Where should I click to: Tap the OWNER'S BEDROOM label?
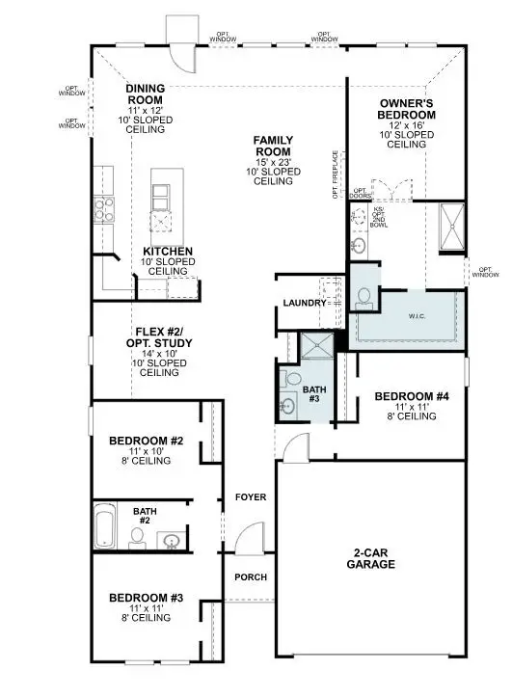(408, 109)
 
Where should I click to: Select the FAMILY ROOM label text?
(273, 147)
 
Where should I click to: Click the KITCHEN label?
(168, 252)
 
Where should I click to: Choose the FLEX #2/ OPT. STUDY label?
(159, 337)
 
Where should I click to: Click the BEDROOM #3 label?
(146, 598)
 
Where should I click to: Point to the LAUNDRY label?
(304, 304)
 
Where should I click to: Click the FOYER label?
(251, 497)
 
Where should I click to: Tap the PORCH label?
(251, 577)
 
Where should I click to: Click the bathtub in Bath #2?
(106, 527)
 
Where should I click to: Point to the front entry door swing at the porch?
(252, 540)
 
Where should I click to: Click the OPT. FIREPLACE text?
(337, 174)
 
